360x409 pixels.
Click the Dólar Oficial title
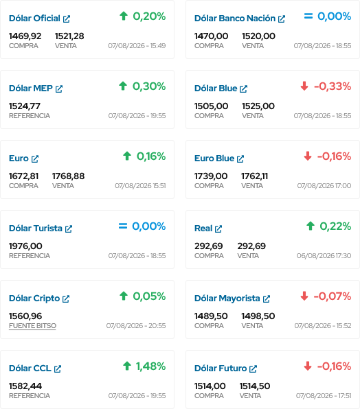(34, 19)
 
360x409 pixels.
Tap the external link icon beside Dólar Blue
(243, 89)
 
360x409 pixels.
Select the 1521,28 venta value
(69, 36)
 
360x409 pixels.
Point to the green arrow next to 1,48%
(127, 366)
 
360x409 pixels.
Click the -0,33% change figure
(333, 86)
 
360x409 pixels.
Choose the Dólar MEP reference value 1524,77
(25, 106)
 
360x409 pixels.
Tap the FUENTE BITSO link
(32, 326)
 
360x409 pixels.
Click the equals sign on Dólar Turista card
(123, 226)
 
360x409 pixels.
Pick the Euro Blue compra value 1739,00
(211, 176)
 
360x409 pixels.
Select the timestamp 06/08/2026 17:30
(324, 255)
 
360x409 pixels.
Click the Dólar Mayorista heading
(227, 298)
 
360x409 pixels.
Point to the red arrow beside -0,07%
(304, 296)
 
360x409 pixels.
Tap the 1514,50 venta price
(255, 386)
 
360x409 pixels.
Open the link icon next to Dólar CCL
(58, 369)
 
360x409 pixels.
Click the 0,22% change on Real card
(335, 226)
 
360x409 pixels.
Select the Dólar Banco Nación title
(235, 19)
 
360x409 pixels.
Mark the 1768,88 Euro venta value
(69, 176)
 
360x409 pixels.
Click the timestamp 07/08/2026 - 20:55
(136, 325)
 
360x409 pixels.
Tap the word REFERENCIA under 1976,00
(30, 255)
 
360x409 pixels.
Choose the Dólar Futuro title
(221, 369)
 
